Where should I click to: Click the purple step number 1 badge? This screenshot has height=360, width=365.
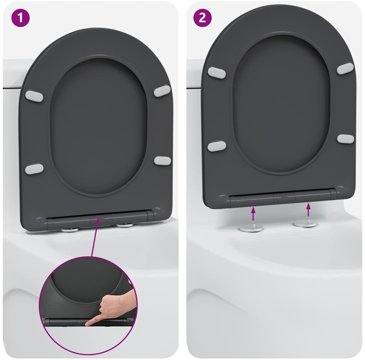(20, 17)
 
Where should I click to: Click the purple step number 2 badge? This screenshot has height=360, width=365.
(202, 17)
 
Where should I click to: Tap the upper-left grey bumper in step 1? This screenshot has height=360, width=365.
(34, 96)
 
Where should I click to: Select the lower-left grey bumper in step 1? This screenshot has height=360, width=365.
(34, 169)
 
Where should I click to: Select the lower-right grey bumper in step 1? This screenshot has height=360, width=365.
(163, 161)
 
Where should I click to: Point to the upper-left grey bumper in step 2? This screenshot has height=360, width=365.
(217, 72)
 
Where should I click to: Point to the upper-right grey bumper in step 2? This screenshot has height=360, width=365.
(345, 68)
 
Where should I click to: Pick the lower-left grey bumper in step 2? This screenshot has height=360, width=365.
(217, 146)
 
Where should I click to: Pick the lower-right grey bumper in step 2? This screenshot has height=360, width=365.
(346, 139)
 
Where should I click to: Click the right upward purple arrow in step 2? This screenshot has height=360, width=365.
(308, 210)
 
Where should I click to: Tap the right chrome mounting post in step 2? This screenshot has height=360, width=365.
(305, 224)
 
